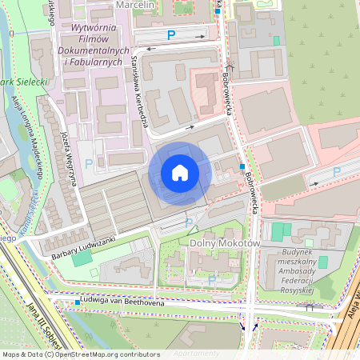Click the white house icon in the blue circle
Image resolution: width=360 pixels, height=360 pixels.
[x=180, y=173]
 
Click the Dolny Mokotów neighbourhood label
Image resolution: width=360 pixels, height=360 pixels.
[x=225, y=243]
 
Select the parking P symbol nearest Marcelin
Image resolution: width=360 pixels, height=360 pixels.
[x=170, y=35]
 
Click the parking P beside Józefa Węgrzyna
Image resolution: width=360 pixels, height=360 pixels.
[x=88, y=163]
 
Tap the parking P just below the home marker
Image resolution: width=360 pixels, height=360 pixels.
[x=189, y=222]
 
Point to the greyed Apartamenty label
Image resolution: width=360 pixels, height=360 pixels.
[x=195, y=353]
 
